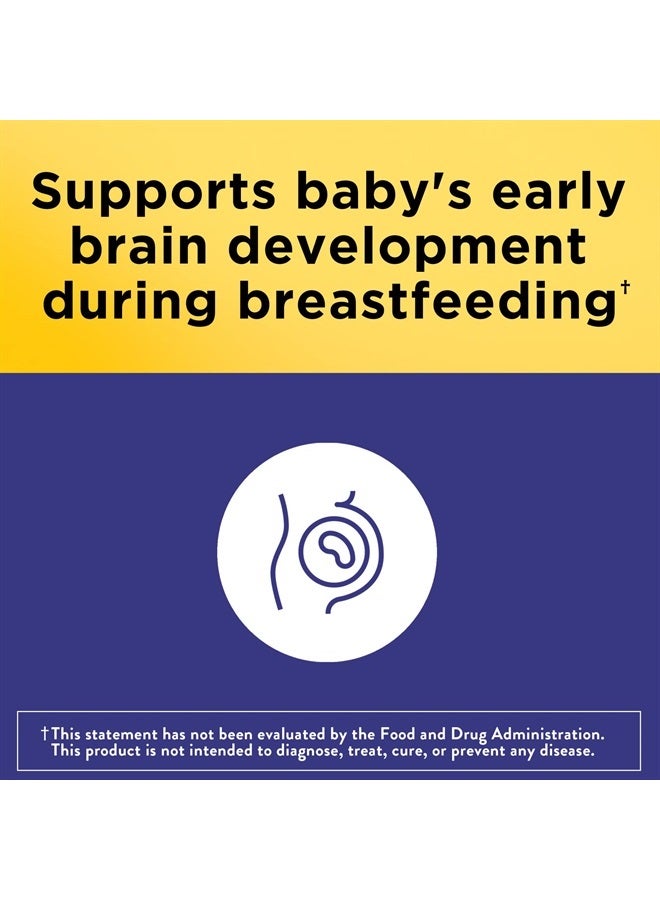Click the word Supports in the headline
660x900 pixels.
pos(154,193)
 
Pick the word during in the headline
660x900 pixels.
pos(130,302)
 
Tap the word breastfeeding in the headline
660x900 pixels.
pos(426,302)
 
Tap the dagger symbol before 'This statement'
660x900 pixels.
pos(44,733)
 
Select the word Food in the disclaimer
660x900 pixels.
pos(398,734)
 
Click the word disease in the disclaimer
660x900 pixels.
pos(567,751)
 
